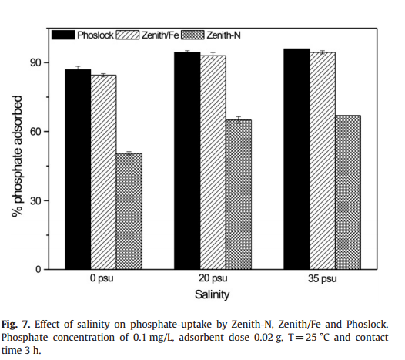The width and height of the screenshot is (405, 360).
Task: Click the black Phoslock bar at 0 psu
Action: point(78,170)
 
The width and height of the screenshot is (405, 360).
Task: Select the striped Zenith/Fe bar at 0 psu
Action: point(103,172)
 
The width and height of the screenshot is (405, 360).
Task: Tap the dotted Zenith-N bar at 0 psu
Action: point(129,211)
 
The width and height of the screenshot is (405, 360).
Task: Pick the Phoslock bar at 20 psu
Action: point(187,161)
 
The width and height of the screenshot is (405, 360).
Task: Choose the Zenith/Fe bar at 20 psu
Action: point(213,163)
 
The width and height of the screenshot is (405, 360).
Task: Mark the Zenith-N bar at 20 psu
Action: point(239,195)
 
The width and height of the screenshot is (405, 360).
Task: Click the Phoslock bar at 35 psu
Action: point(296,159)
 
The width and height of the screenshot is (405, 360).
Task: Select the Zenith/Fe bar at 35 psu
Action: point(323,161)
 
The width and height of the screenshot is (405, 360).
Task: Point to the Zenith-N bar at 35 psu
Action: point(348,193)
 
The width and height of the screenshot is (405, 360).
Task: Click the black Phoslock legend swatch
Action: point(63,35)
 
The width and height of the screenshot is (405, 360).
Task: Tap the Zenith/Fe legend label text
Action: point(160,35)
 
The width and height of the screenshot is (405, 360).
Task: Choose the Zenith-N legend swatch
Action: point(192,35)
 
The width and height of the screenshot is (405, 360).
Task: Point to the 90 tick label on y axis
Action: point(35,62)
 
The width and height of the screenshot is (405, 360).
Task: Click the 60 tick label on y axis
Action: point(35,132)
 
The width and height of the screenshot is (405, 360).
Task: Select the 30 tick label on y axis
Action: point(35,200)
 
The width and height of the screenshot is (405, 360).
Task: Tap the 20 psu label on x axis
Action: point(213,278)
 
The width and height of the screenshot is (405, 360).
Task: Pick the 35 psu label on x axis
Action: point(323,278)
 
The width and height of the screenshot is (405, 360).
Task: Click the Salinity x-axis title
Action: point(212,294)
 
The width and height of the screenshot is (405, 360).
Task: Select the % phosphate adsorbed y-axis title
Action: point(17,156)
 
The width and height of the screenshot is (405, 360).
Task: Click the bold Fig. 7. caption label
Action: point(15,324)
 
